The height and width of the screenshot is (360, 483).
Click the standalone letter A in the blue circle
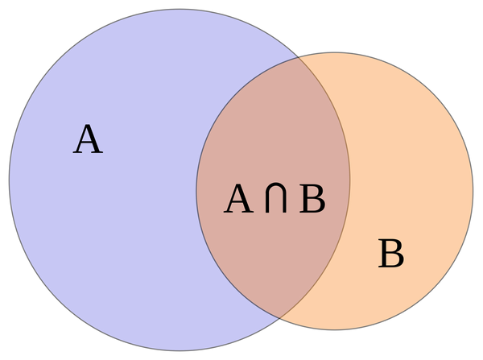[x=88, y=139]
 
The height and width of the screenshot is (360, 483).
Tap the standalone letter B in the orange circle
[x=391, y=254]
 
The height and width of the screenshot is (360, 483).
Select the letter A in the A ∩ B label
[x=239, y=198]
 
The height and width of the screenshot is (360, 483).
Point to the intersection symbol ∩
[x=275, y=198]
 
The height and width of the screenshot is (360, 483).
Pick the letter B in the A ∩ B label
[x=312, y=198]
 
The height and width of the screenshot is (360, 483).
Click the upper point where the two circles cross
[x=298, y=58]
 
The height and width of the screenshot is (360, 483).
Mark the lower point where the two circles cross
[x=279, y=318]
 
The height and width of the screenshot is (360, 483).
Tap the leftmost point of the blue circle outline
[x=9, y=180]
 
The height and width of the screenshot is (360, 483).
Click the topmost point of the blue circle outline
[x=180, y=9]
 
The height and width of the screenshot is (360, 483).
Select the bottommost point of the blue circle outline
[x=180, y=350]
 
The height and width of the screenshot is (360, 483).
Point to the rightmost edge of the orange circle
[x=473, y=191]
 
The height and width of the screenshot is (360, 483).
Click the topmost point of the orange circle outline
[x=335, y=52]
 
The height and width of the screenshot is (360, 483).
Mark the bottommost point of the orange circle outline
[x=335, y=329]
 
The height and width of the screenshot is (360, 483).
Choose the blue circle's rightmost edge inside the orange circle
[x=350, y=180]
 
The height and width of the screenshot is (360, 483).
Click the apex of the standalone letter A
[x=89, y=125]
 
